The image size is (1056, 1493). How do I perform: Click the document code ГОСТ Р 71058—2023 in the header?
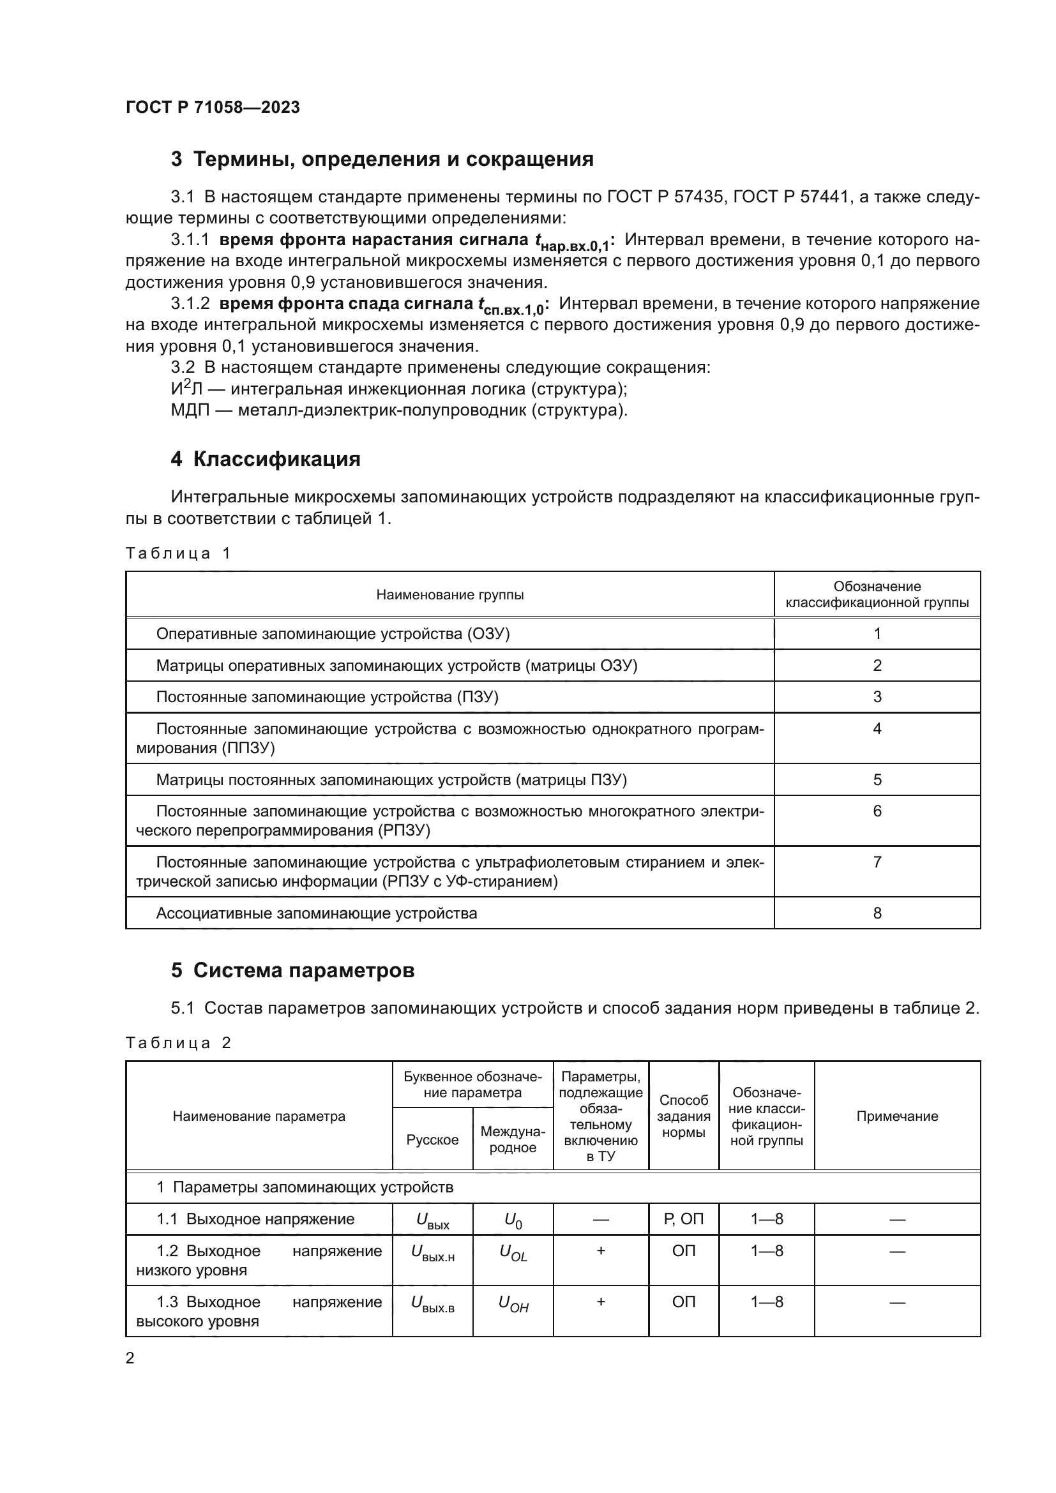tap(213, 107)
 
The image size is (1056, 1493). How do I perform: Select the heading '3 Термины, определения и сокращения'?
tap(382, 160)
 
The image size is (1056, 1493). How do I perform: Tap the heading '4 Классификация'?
tap(266, 459)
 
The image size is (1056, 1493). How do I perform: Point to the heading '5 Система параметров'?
tap(292, 970)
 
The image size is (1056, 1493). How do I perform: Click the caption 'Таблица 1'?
tap(178, 553)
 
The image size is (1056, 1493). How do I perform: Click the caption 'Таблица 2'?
tap(178, 1043)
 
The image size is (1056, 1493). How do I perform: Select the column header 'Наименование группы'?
tap(450, 595)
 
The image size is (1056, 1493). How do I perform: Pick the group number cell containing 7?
tap(877, 862)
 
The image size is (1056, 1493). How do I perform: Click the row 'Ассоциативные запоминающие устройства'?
tap(316, 913)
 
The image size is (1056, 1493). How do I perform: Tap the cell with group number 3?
tap(877, 697)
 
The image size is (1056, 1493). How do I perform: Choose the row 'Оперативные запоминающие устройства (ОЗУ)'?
tap(333, 634)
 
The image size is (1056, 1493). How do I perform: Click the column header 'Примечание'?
tap(896, 1116)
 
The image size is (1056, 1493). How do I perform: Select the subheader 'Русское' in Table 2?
tap(432, 1140)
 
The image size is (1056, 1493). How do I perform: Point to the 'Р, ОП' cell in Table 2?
tap(683, 1219)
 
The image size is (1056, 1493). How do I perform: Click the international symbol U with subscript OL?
tap(513, 1253)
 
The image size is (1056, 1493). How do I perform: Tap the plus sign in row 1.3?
tap(601, 1302)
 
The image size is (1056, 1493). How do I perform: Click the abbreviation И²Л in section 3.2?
tap(187, 389)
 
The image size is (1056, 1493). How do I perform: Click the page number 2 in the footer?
tap(130, 1358)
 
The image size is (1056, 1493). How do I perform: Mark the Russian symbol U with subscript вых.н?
tap(432, 1253)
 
